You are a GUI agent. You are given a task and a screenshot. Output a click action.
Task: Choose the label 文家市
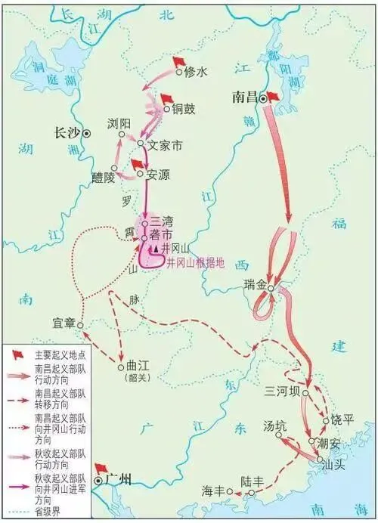[x=166, y=142]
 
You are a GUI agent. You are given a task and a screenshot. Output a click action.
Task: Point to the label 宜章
[x=64, y=323]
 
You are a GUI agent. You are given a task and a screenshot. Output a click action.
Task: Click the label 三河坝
[x=282, y=391]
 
